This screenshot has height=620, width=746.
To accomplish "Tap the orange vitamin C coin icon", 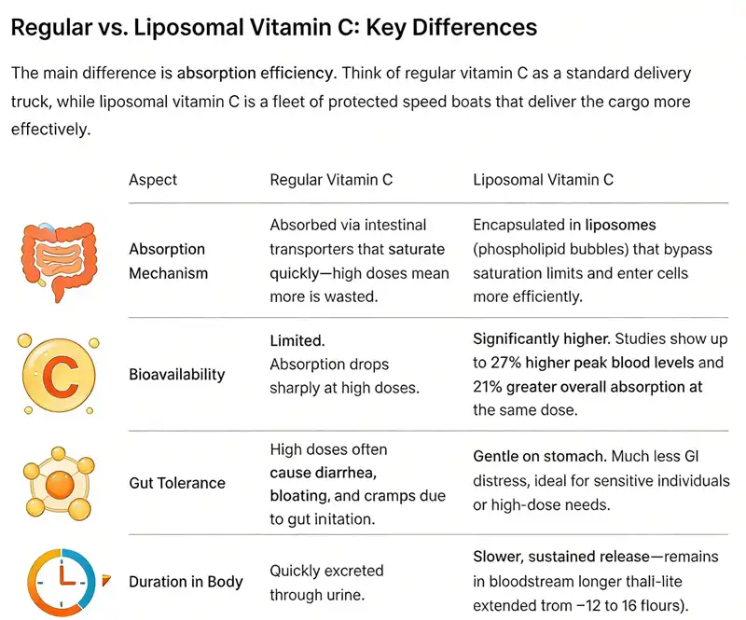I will tap(57, 374).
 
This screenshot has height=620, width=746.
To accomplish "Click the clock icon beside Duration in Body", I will tap(57, 582).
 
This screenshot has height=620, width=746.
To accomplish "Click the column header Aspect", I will tap(153, 180).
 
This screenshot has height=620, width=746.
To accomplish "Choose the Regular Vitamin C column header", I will tap(330, 180).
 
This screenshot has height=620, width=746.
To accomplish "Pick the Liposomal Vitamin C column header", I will tap(543, 180).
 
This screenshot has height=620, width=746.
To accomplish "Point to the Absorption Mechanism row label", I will tap(167, 261).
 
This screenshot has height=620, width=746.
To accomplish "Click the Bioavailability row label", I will tap(176, 374).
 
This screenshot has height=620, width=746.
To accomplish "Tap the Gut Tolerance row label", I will tap(176, 483).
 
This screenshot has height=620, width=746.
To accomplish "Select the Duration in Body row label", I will tap(186, 582).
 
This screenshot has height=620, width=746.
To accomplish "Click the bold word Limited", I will tap(297, 341).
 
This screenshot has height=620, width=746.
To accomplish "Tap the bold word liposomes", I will tap(620, 226).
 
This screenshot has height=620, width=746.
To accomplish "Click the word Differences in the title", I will tap(472, 27).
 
